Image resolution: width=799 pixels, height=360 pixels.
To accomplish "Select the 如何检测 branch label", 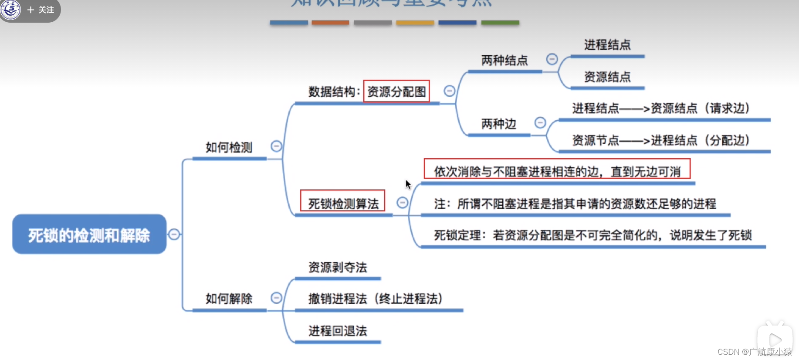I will [x=229, y=147].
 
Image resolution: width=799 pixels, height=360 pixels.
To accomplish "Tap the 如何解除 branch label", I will [x=229, y=299].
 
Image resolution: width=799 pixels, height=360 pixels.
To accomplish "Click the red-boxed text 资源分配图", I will [x=396, y=92].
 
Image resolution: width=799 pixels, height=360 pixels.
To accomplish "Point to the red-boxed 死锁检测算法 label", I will [x=343, y=203].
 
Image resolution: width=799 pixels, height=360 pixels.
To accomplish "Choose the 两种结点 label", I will [x=504, y=60].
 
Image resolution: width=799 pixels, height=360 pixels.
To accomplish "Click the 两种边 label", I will [x=498, y=124].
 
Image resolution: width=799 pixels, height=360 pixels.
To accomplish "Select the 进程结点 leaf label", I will [x=607, y=44].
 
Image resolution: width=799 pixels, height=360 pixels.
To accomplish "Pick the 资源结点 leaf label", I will [x=607, y=77].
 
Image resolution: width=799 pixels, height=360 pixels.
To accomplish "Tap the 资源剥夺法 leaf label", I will [x=338, y=267].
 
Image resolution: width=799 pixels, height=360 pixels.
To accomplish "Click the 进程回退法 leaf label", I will [x=338, y=331].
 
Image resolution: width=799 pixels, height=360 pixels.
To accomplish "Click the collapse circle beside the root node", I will [x=174, y=234].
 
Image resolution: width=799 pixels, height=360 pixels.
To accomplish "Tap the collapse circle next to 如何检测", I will [x=276, y=146].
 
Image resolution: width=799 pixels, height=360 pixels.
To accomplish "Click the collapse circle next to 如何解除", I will [x=276, y=298].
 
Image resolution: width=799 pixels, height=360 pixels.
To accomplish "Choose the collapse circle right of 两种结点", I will [x=552, y=59].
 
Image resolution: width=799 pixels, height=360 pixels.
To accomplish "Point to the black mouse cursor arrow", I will [x=408, y=184].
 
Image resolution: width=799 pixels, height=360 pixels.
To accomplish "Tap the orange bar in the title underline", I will [x=330, y=23].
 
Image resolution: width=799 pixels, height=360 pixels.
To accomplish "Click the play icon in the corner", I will [x=775, y=340].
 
